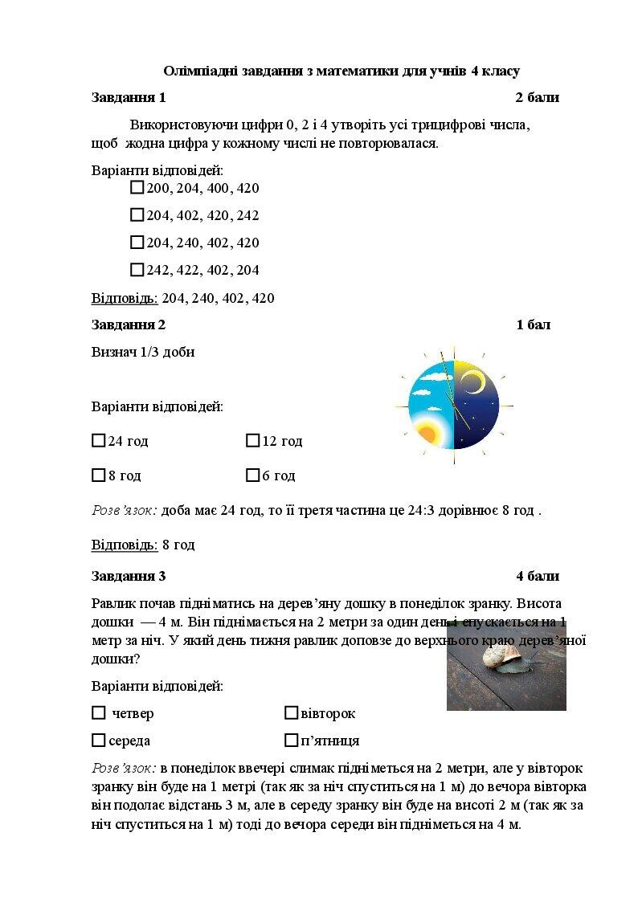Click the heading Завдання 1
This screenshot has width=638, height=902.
click(x=129, y=98)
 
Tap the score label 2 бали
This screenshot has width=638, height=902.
click(x=537, y=98)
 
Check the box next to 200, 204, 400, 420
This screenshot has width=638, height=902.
click(x=137, y=188)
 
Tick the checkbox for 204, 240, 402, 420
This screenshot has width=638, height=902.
click(x=137, y=243)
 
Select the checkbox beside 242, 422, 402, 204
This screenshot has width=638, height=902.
click(x=137, y=270)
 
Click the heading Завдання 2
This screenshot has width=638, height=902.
click(x=129, y=325)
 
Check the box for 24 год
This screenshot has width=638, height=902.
click(x=99, y=441)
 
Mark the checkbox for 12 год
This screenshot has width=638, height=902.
click(x=252, y=441)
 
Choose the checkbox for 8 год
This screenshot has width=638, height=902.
click(x=99, y=475)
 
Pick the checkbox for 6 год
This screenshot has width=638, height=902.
click(x=252, y=475)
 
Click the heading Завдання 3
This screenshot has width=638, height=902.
click(x=129, y=576)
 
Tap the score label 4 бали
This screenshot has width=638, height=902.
click(x=538, y=576)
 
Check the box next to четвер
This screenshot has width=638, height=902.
click(x=99, y=713)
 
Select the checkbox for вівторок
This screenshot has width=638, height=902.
click(x=291, y=713)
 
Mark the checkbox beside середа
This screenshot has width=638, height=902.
click(x=99, y=741)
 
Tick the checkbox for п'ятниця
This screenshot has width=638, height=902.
click(x=291, y=741)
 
